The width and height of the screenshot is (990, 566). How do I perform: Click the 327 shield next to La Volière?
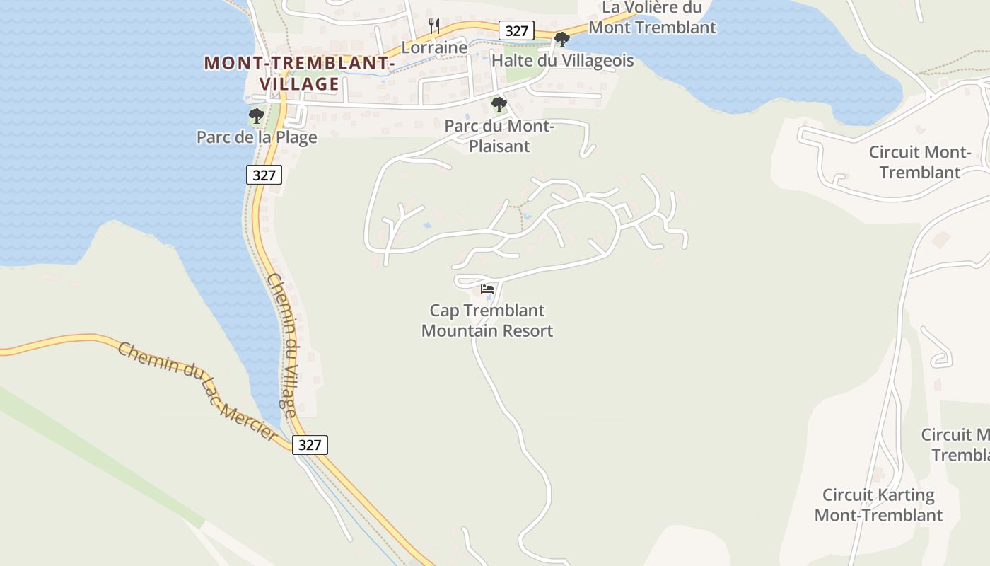click(517, 30)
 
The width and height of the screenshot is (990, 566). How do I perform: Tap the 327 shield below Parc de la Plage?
click(264, 175)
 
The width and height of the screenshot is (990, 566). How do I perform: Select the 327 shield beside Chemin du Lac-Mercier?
click(310, 445)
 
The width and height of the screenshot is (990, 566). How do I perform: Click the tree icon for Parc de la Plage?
click(257, 116)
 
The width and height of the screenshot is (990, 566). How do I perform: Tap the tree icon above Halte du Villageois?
click(562, 40)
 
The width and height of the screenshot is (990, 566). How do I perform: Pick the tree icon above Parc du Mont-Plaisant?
click(499, 105)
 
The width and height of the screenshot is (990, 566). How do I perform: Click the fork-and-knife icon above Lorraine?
click(434, 26)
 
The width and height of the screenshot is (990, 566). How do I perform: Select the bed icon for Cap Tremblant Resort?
click(487, 289)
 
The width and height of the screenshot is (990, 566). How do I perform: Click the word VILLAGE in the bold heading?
click(300, 84)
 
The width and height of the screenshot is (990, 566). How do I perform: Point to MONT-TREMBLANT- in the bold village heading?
click(299, 63)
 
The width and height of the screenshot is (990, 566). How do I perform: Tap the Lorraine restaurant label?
click(434, 47)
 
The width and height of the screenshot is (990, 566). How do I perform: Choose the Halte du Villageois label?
click(562, 61)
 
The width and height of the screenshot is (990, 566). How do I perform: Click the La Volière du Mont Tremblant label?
click(652, 18)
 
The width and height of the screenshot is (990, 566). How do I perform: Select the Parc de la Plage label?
click(257, 137)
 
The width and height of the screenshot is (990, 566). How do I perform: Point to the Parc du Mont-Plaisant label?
click(499, 136)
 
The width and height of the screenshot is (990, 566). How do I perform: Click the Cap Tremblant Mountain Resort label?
click(487, 320)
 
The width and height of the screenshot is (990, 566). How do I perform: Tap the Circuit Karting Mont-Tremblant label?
click(878, 504)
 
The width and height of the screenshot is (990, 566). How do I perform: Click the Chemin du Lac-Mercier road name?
click(199, 391)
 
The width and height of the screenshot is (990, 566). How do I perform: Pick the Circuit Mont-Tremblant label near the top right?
click(919, 162)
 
